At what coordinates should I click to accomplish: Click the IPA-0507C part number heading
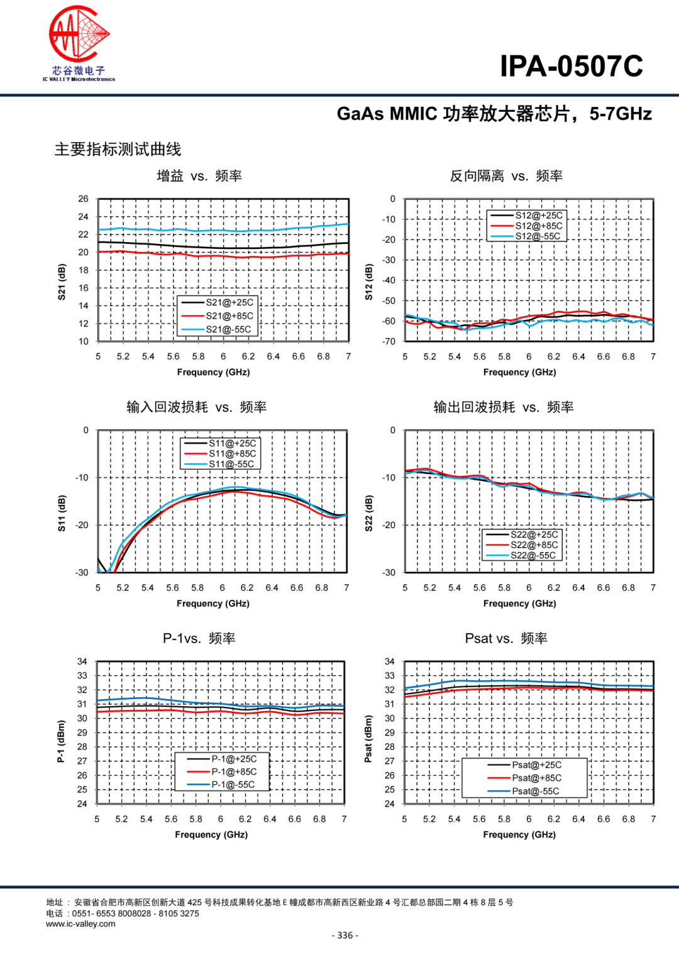pos(571,66)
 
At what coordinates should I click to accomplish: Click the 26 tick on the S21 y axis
pos(83,199)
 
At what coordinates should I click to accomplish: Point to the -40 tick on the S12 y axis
pos(389,280)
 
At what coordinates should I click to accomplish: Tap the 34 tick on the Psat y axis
pos(390,661)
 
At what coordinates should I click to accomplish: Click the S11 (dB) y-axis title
pos(62,513)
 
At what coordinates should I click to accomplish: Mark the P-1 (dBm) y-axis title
pos(61,742)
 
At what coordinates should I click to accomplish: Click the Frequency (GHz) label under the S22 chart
pos(519,604)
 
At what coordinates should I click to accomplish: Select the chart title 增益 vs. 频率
pos(199,176)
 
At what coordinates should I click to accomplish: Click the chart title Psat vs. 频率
pos(506,639)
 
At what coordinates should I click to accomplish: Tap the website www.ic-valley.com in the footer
pos(80,924)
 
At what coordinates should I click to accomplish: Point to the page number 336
pos(345,935)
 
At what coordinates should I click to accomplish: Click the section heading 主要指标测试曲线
pos(118,150)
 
